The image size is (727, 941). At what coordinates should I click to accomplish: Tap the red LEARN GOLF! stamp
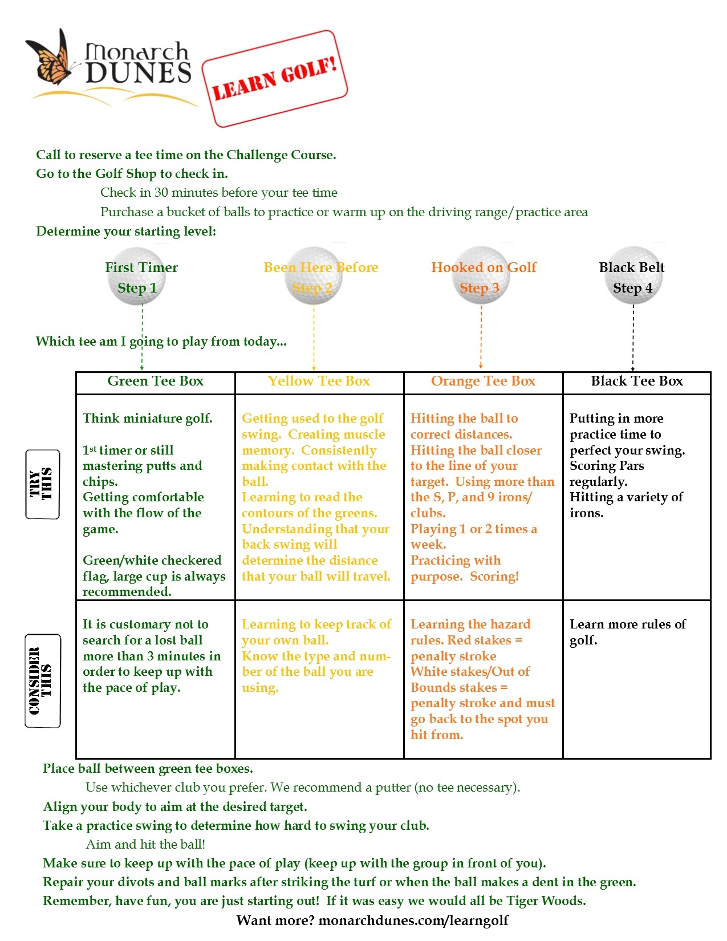(x=275, y=79)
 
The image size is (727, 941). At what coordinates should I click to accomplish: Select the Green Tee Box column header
(x=155, y=382)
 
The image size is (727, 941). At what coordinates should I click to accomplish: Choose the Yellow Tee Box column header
(x=319, y=382)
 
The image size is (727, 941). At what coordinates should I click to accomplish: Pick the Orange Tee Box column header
(x=483, y=382)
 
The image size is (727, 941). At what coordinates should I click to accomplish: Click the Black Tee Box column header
(x=636, y=382)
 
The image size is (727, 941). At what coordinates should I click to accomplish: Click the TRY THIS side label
(x=42, y=484)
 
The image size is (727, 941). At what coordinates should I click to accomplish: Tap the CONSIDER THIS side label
(x=42, y=681)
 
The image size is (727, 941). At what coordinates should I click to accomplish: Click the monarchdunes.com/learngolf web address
(x=413, y=920)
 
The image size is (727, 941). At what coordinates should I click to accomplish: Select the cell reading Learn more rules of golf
(x=627, y=632)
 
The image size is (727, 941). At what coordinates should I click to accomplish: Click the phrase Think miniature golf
(x=147, y=419)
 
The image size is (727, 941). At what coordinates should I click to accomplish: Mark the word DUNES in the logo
(x=138, y=73)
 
